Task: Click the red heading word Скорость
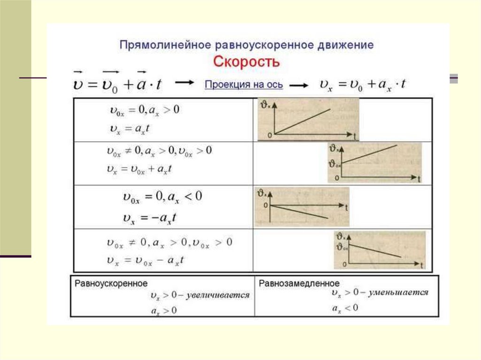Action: tap(247, 61)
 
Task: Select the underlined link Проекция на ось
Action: tap(244, 85)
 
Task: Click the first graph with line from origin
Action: tap(308, 119)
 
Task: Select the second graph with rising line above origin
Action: tap(374, 162)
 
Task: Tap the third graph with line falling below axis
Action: tap(302, 207)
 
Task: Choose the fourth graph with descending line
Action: tap(380, 250)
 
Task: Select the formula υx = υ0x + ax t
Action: tap(139, 169)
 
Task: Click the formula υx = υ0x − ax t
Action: tap(146, 260)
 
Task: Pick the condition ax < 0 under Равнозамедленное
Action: tap(345, 308)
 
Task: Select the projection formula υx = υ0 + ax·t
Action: tap(363, 84)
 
